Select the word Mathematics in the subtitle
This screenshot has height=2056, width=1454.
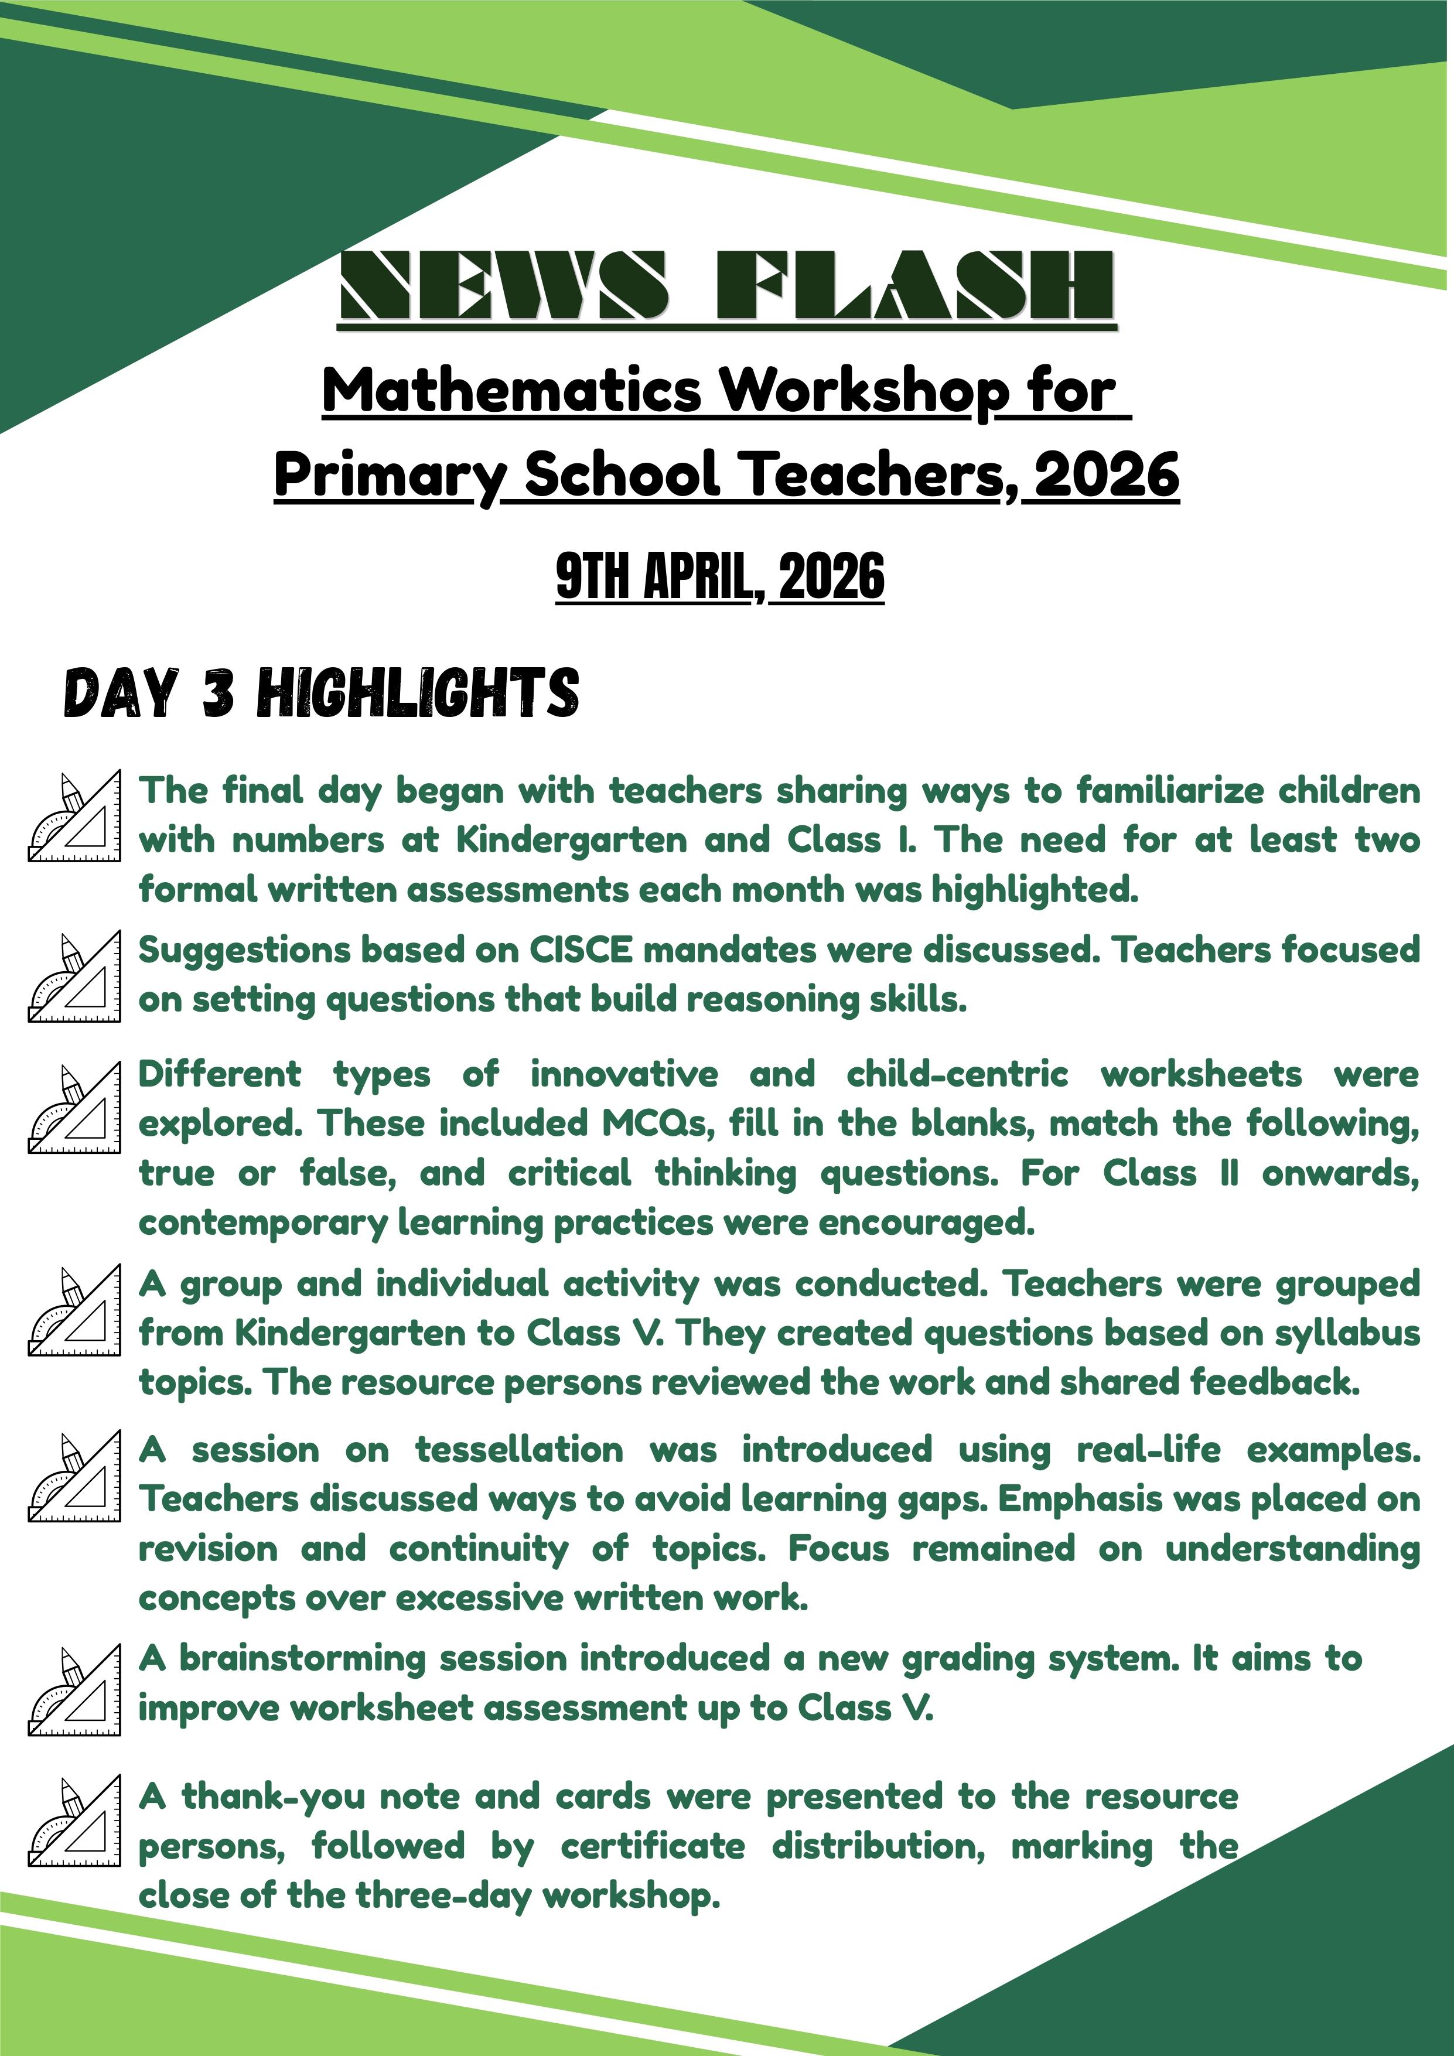(511, 391)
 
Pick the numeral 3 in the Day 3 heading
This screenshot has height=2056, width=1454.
(219, 694)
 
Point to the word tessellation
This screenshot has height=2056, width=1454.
(519, 1450)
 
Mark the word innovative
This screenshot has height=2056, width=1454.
(624, 1074)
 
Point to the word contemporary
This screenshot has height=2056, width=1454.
(263, 1223)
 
